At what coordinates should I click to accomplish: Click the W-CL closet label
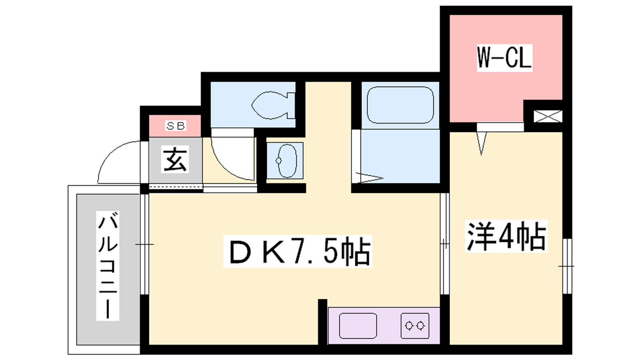(x=504, y=58)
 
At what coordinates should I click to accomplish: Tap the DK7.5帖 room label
(x=298, y=252)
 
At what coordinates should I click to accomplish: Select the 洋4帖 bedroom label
(x=506, y=236)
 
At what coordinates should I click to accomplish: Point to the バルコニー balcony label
(x=108, y=266)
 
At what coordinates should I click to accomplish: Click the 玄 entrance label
(x=175, y=159)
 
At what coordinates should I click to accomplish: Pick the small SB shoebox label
(x=176, y=126)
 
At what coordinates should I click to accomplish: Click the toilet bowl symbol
(x=273, y=105)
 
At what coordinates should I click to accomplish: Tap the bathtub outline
(x=400, y=105)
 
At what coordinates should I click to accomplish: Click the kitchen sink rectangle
(x=358, y=326)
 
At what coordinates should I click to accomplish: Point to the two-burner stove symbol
(x=415, y=326)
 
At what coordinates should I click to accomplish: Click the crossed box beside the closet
(x=548, y=116)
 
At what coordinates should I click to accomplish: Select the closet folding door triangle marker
(x=482, y=143)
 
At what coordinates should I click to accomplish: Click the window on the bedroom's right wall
(x=567, y=266)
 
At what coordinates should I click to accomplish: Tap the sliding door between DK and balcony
(x=144, y=244)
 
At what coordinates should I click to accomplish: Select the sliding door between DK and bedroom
(x=444, y=244)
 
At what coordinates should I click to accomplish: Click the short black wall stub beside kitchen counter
(x=322, y=322)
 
